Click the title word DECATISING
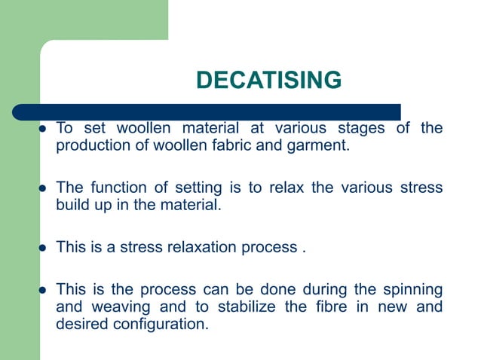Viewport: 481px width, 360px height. click(268, 79)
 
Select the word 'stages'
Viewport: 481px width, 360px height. click(361, 128)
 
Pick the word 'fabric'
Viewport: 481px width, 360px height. click(240, 145)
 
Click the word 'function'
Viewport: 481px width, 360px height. click(115, 188)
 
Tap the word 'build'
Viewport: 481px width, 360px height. click(72, 204)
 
